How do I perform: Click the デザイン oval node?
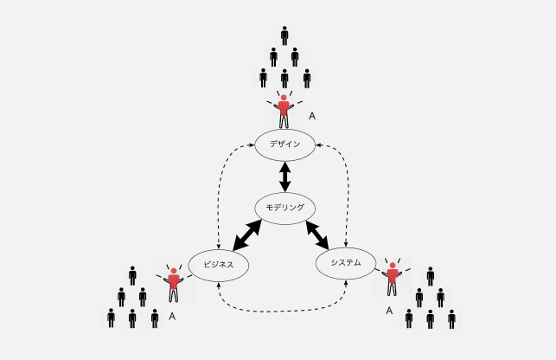[x=284, y=145]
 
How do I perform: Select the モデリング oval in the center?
[x=284, y=208]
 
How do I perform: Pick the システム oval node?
[x=345, y=261]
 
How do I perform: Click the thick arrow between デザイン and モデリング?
[x=284, y=177]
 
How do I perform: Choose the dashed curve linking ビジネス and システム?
[x=284, y=311]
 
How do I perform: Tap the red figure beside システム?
[x=393, y=280]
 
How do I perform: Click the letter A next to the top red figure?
[x=313, y=113]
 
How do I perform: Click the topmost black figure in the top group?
[x=284, y=35]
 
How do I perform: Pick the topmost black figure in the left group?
[x=132, y=276]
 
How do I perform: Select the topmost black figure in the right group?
[x=430, y=276]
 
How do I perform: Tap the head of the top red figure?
[x=284, y=99]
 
